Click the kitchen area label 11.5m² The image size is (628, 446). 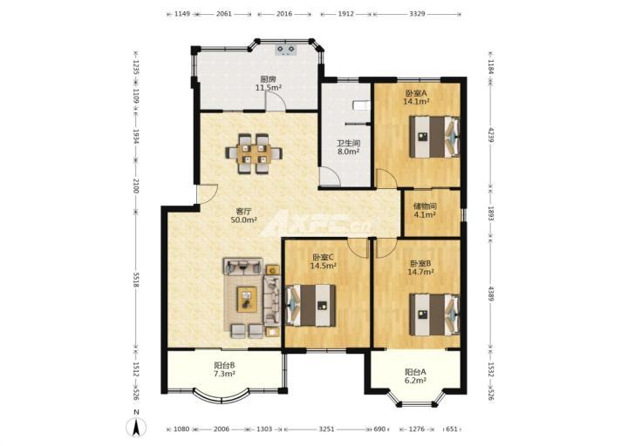(269, 87)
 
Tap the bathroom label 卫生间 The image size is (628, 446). (348, 143)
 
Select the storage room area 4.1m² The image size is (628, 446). (425, 215)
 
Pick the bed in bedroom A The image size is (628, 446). (434, 137)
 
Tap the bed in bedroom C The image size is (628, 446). (311, 306)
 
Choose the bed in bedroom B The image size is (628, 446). (434, 314)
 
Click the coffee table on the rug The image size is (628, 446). (247, 299)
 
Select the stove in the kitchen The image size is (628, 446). (286, 50)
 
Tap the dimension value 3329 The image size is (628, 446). (417, 14)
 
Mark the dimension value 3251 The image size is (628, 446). (326, 429)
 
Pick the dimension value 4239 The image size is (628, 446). (491, 135)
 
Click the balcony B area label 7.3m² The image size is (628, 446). (224, 374)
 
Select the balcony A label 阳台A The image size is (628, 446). (415, 372)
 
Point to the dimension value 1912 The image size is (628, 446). (346, 14)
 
